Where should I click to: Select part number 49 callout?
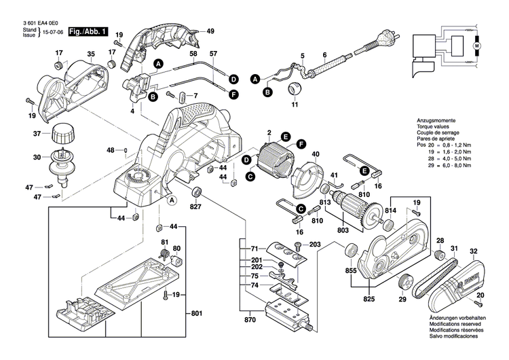click(210, 31)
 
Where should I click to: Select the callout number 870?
click(250, 319)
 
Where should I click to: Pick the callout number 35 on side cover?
click(91, 54)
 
